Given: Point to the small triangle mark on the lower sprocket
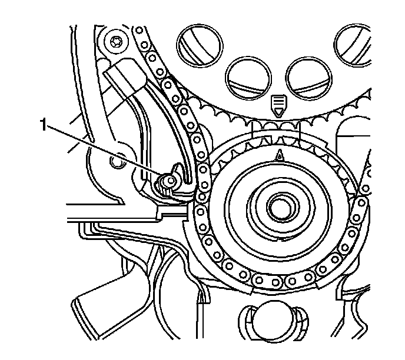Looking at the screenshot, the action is (x=280, y=155).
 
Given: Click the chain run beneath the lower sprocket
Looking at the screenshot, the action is (x=277, y=281).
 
